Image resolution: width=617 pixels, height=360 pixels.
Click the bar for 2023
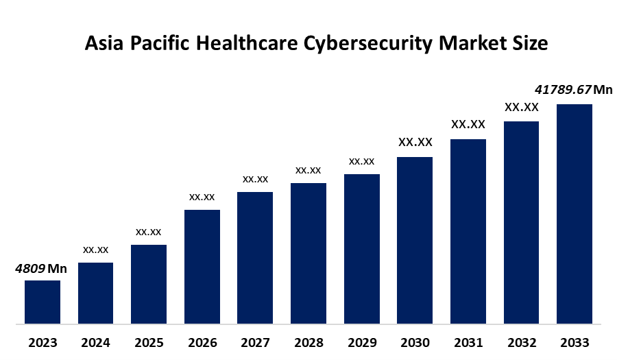coord(43,302)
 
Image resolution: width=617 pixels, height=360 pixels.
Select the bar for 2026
coord(202,266)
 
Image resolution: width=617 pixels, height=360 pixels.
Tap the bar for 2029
coord(361,248)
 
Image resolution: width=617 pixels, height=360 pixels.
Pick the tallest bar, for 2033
coord(574,213)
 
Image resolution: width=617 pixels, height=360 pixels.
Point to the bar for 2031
coord(468,231)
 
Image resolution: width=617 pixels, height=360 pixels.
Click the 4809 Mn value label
coord(41,268)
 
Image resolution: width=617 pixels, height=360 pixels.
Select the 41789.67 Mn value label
coord(573,90)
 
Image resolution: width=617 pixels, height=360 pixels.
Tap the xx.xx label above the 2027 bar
coord(255,179)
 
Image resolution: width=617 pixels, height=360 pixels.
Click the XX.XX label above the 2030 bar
coord(415,143)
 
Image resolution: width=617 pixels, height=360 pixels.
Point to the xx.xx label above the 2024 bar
coord(96,250)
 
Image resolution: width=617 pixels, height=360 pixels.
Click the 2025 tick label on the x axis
coord(149,342)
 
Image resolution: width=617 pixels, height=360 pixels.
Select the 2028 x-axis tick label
coord(308,342)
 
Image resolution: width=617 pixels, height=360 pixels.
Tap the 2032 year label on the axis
coord(521,342)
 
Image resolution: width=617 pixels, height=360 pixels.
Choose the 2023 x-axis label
coord(43,342)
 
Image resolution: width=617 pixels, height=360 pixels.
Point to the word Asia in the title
coord(102,43)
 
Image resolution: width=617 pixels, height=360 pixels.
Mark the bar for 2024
coord(96,293)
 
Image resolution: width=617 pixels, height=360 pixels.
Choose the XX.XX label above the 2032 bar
coord(521,108)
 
